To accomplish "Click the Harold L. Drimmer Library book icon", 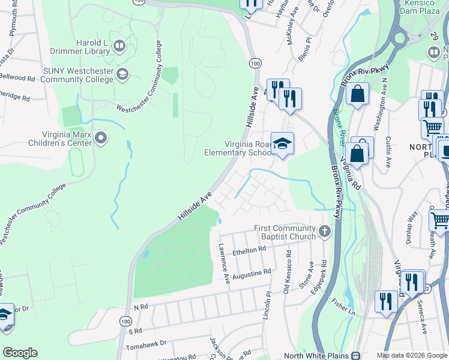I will tap(119, 46).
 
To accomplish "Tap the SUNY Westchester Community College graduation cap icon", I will tap(122, 74).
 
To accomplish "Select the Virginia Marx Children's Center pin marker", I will tap(101, 139).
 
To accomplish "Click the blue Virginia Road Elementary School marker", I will tap(282, 143).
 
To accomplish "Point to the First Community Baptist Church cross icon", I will tap(325, 230).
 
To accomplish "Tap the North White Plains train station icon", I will tap(356, 355).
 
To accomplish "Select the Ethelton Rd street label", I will tap(249, 249).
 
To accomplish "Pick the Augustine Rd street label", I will tap(252, 272).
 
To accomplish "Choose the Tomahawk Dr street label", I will tap(146, 343).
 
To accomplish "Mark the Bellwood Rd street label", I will tap(17, 78).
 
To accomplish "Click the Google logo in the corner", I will tap(20, 352).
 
